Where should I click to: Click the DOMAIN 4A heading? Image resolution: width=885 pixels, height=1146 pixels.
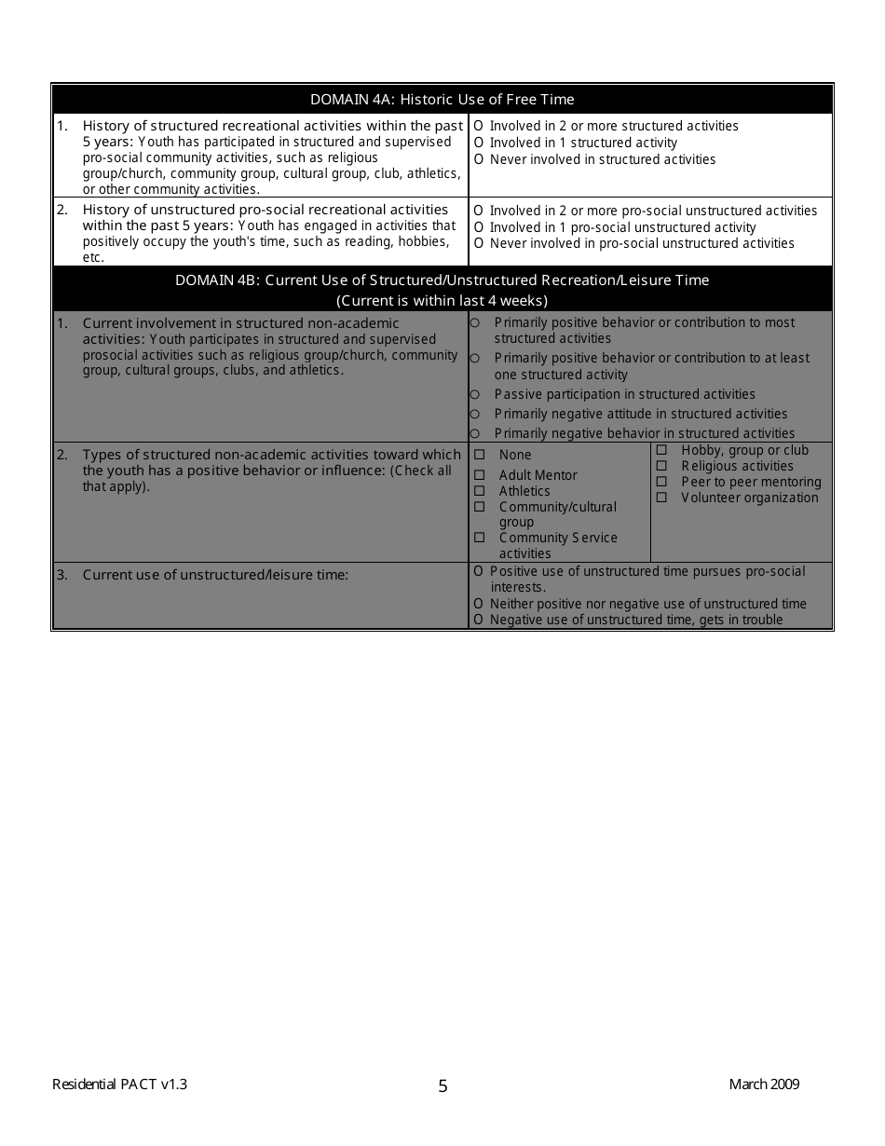coord(442,100)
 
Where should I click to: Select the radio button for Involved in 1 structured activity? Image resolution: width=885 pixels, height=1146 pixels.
coord(478,143)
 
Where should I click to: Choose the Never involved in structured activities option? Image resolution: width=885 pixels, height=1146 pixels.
coord(478,159)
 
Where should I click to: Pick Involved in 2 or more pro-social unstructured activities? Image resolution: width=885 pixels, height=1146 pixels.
coord(478,211)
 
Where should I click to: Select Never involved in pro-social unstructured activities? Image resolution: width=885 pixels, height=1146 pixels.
coord(478,244)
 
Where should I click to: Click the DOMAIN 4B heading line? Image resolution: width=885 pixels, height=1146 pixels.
coord(442,280)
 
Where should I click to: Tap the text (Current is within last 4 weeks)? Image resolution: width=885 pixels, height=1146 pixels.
coord(442,300)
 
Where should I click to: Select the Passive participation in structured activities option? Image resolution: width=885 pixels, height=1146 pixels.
coord(475,395)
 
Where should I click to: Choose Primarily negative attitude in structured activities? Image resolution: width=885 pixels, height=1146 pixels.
coord(475,414)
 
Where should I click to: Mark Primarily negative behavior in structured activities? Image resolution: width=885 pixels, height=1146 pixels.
coord(475,433)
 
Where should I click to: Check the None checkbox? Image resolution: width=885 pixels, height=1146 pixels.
coord(480,455)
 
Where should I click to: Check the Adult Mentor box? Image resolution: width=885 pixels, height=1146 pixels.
coord(480,475)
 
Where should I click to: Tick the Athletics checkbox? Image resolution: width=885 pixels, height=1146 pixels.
coord(480,491)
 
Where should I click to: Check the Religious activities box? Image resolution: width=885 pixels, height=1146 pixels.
coord(661,466)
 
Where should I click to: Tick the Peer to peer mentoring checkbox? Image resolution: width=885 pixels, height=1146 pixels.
coord(661,482)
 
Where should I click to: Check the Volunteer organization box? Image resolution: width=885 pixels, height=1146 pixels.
coord(661,498)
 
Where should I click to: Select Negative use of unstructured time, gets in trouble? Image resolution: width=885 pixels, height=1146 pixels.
coord(478,620)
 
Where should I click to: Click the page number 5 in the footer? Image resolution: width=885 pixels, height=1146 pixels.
coord(442,1085)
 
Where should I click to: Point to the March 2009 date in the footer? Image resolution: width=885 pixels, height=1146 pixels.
coord(764,1084)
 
